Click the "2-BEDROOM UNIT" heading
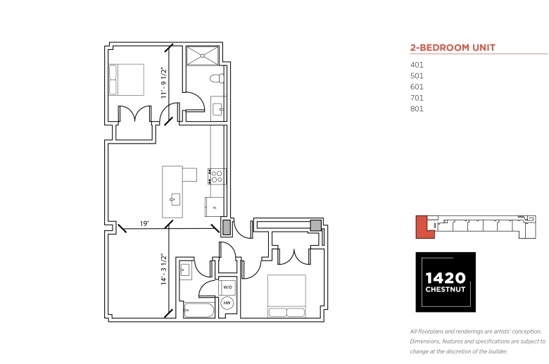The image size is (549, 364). coord(453,48)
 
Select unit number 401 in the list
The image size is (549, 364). coord(417,65)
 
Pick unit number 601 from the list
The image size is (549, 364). coord(417,87)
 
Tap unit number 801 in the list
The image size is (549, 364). coord(417,109)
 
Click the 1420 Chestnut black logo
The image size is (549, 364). coord(446,282)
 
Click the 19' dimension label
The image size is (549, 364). coord(144,223)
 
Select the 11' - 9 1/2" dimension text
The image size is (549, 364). coord(164,82)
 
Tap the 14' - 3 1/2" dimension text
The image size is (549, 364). coord(164,269)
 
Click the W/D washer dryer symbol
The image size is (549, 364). coord(227,287)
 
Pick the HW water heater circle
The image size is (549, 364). coord(227,303)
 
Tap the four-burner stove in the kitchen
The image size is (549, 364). coord(217,177)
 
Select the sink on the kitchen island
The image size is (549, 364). coord(175,199)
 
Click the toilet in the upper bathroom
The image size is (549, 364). coord(217,78)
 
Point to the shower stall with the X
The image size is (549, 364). coord(203,56)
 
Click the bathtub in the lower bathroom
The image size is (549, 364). coord(199,310)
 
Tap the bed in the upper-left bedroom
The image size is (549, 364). coord(127,80)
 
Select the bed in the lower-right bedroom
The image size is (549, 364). coord(286,296)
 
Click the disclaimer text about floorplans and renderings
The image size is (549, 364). coord(478,341)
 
